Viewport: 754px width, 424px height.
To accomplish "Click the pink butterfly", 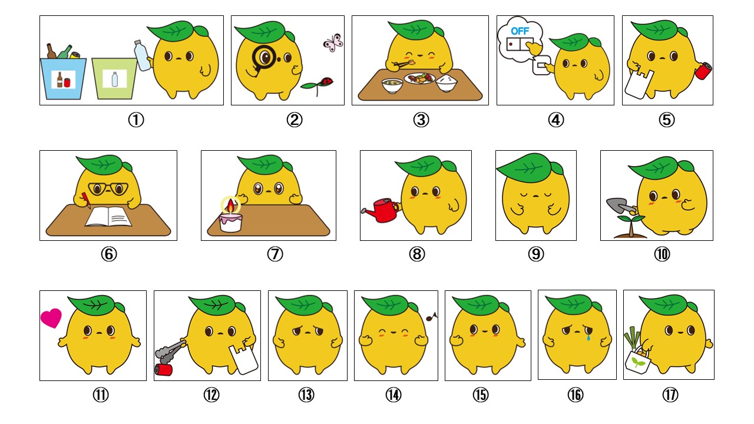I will point(332,41).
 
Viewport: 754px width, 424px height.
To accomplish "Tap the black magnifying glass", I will point(262,57).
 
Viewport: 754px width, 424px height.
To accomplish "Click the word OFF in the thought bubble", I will point(520,31).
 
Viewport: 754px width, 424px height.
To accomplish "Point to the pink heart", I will point(51,318).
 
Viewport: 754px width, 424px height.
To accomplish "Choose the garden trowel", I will point(620,206).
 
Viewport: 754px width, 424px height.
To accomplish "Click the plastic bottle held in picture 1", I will point(141,55).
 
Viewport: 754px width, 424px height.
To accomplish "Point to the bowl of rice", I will point(447,83).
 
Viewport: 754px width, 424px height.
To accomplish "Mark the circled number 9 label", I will point(536,254).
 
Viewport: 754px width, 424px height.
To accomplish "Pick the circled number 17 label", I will point(669,395).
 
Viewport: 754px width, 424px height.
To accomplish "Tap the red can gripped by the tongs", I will point(163,369).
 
